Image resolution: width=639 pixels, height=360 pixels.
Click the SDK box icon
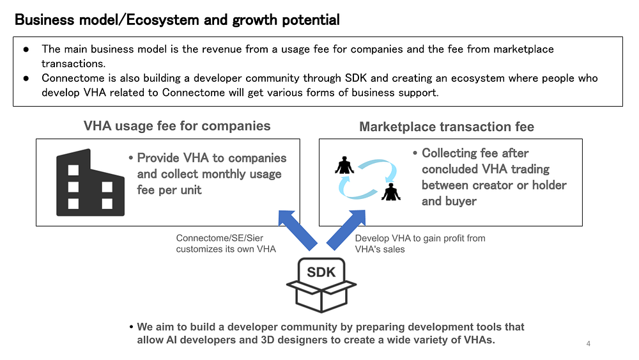pyautogui.click(x=321, y=285)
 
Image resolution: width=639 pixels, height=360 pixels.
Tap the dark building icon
pyautogui.click(x=90, y=182)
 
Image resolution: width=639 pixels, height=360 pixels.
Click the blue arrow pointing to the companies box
pyautogui.click(x=298, y=230)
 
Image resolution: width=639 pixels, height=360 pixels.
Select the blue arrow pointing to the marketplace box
pyautogui.click(x=346, y=230)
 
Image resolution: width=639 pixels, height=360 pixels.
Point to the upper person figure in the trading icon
pyautogui.click(x=345, y=165)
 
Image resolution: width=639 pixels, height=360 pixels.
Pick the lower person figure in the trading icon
pyautogui.click(x=391, y=192)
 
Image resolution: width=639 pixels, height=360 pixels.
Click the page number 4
pyautogui.click(x=588, y=343)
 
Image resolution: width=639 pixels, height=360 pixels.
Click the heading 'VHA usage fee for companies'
pyautogui.click(x=177, y=126)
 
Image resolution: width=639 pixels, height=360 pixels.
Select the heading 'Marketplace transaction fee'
pyautogui.click(x=447, y=127)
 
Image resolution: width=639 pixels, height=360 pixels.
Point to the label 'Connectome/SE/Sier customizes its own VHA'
pyautogui.click(x=226, y=244)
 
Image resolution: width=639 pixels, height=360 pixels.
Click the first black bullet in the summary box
pyautogui.click(x=26, y=49)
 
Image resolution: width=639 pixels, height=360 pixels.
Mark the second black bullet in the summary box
pyautogui.click(x=26, y=78)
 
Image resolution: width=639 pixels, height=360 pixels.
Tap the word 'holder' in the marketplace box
pyautogui.click(x=550, y=185)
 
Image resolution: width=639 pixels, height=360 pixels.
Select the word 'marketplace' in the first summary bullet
pyautogui.click(x=524, y=49)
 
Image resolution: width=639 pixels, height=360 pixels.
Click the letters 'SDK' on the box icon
pyautogui.click(x=321, y=272)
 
